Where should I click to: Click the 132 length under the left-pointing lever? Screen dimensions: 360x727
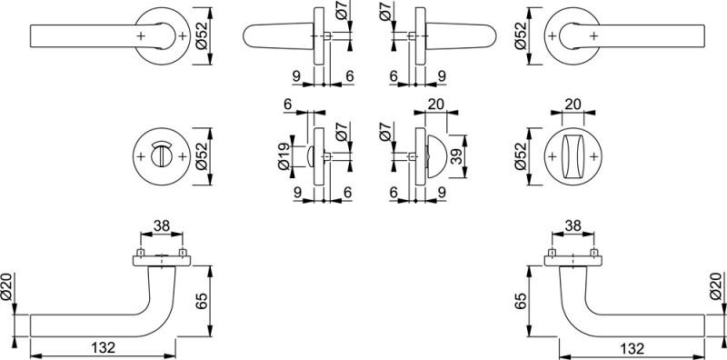103,347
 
